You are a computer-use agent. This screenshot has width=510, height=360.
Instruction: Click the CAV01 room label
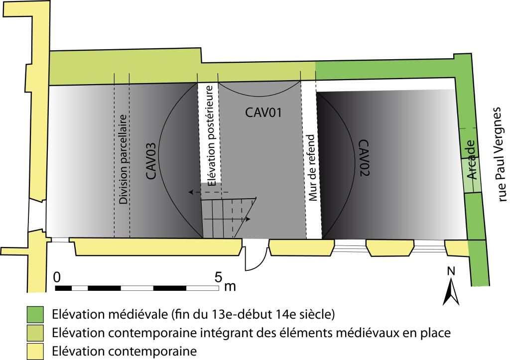point(263,113)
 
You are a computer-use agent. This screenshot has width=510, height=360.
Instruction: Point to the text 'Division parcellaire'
point(124,159)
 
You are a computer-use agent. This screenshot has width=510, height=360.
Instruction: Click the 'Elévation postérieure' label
point(211,135)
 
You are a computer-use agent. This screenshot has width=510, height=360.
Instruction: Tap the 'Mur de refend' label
point(312,168)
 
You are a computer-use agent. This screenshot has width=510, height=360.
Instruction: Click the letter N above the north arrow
point(451,271)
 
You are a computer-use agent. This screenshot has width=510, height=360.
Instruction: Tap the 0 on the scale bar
point(57,277)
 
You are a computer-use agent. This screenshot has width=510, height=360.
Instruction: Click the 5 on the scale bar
point(218,277)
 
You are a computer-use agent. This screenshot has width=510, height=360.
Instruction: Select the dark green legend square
point(35,315)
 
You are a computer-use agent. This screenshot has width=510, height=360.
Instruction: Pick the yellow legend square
point(35,351)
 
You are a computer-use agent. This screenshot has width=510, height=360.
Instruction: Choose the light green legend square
point(35,333)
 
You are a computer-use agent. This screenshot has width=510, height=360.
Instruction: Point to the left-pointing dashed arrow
point(209,192)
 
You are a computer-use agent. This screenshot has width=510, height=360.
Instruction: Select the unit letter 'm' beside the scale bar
point(230,286)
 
